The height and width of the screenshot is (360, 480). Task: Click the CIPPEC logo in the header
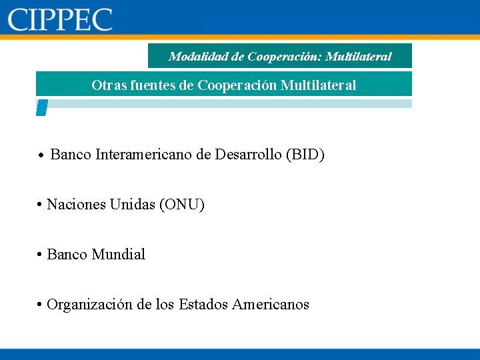[60, 19]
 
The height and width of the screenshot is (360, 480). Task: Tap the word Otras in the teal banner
[107, 85]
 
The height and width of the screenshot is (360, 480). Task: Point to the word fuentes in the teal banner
[150, 85]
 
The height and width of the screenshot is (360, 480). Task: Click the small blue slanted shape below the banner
[41, 107]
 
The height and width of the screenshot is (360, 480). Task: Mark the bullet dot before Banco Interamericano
[41, 156]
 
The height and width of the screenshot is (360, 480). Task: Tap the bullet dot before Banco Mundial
[41, 255]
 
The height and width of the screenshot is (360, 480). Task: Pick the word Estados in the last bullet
[203, 305]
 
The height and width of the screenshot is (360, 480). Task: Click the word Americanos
[271, 305]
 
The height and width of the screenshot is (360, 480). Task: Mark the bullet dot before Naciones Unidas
[41, 205]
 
